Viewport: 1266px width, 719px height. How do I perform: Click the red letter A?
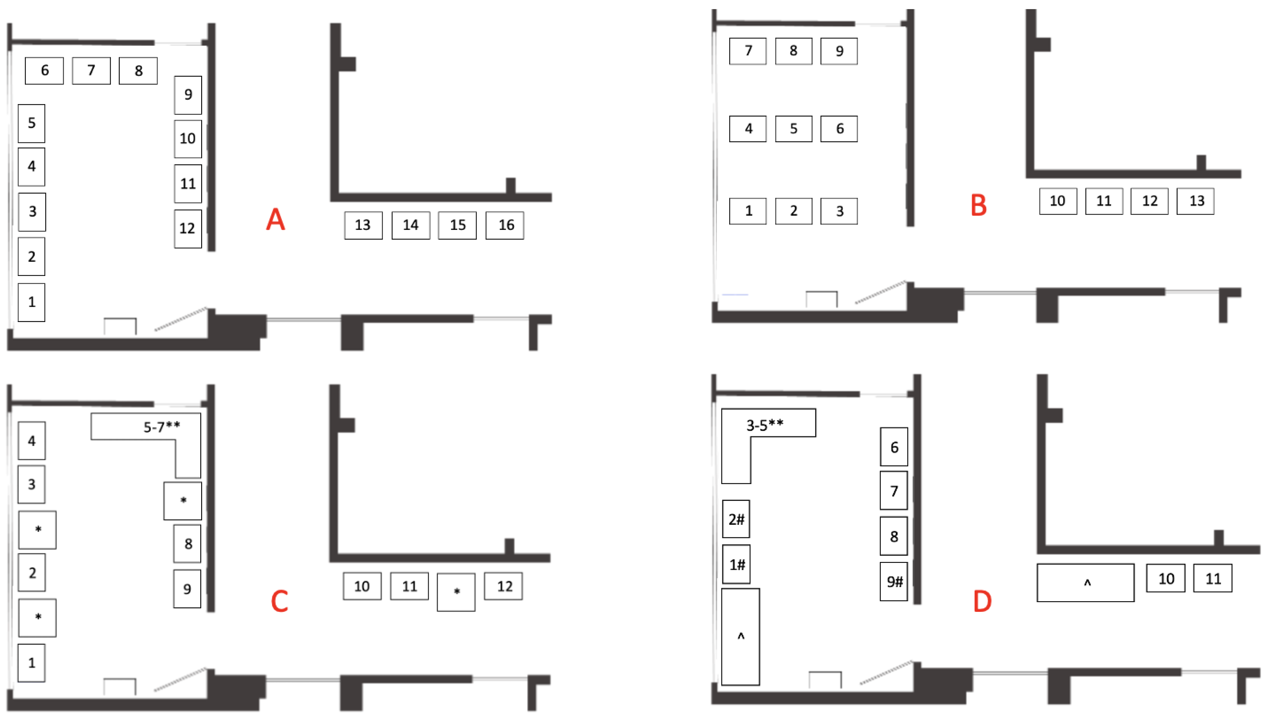275,219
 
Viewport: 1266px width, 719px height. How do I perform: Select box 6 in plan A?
44,71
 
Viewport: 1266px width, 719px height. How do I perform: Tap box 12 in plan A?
188,229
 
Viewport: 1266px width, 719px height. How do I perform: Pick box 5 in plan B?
793,129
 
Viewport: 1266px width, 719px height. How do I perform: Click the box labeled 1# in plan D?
736,565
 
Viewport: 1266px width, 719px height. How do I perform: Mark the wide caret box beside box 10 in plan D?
1085,583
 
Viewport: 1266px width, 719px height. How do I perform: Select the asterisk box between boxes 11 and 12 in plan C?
456,592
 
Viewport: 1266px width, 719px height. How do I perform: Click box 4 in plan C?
32,440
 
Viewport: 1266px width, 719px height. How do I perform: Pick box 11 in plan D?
1212,578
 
